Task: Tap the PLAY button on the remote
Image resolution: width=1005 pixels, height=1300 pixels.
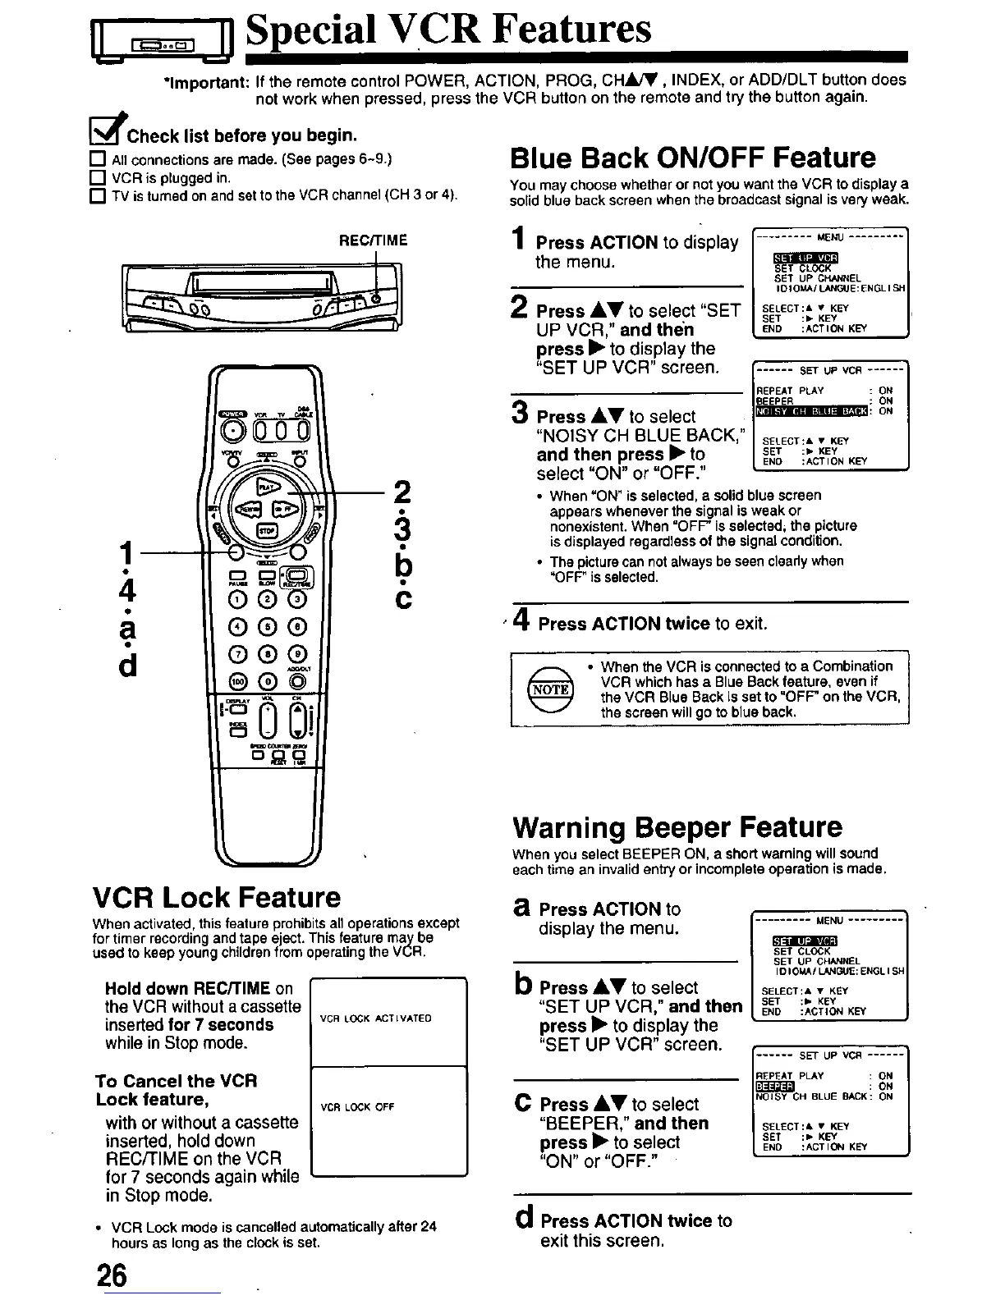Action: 267,487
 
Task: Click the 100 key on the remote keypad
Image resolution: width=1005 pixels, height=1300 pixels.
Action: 238,681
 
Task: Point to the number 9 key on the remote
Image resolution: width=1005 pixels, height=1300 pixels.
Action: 296,655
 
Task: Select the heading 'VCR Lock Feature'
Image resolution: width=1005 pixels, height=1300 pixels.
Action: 216,896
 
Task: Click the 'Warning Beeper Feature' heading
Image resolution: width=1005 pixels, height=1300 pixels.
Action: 677,826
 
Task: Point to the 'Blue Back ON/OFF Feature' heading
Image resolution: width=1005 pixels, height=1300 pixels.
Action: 693,158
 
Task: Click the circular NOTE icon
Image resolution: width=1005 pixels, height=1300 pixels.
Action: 551,689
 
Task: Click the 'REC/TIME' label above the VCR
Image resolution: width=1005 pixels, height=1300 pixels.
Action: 374,240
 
